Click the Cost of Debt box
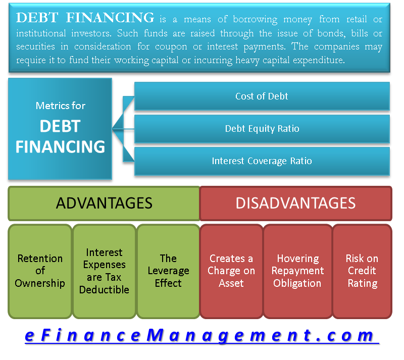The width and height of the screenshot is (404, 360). click(x=262, y=96)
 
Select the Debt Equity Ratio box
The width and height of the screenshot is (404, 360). click(x=262, y=129)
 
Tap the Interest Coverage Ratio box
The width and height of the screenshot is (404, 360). click(x=262, y=161)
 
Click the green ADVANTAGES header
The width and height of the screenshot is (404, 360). click(x=104, y=203)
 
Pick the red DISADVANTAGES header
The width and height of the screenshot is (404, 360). click(x=295, y=203)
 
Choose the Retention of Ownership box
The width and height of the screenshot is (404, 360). click(x=40, y=271)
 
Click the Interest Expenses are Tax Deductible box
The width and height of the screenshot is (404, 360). click(x=104, y=271)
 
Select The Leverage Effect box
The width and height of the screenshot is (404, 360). click(x=168, y=271)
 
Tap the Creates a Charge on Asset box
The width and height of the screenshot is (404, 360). click(x=231, y=271)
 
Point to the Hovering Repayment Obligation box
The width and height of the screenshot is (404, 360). click(x=297, y=271)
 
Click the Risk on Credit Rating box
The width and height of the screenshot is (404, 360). click(x=362, y=271)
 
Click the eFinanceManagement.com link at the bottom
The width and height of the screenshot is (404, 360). click(x=200, y=336)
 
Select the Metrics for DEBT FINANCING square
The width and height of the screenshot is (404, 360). click(x=60, y=129)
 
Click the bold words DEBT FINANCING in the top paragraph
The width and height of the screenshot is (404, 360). click(x=85, y=18)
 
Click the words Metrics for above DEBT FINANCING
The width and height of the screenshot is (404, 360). click(x=60, y=106)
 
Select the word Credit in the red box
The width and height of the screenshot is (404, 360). click(x=362, y=271)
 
